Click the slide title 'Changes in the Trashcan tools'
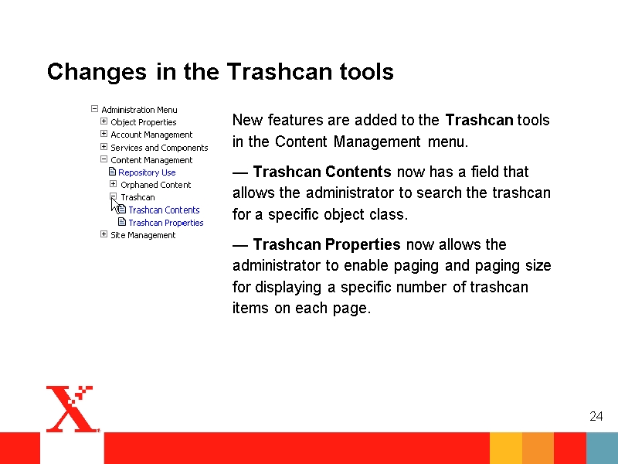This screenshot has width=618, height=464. pos(220,71)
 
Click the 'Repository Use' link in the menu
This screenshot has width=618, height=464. pos(147,172)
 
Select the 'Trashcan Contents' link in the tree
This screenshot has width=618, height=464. pos(164,210)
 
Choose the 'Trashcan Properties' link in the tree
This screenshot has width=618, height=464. pos(166,223)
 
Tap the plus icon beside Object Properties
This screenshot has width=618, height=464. pos(104,121)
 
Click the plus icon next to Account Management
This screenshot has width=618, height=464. pos(104,134)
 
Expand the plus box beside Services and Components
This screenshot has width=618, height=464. pos(104,147)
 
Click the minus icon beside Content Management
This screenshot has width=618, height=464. pos(104,159)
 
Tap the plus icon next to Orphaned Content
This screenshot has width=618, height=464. pos(113,184)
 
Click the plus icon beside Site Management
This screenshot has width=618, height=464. pos(104,234)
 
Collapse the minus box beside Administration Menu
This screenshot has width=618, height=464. pos(94,108)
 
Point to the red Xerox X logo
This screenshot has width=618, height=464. pos(73,409)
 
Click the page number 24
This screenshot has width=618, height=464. pos(596,416)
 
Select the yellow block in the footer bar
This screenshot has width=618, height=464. pos(506,449)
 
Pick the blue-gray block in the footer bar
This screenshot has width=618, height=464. pos(603,449)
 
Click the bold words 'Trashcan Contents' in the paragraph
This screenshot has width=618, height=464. pos(322,172)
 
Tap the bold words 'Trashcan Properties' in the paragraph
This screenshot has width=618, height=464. pos(327,244)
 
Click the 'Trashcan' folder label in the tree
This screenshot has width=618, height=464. pos(138,197)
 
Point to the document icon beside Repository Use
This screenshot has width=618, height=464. pos(112,172)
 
